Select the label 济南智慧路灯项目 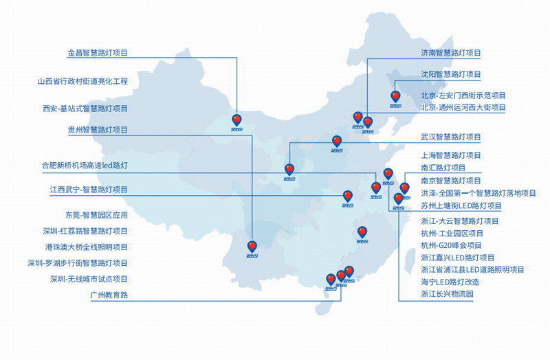click(x=450, y=53)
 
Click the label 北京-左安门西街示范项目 click(x=463, y=95)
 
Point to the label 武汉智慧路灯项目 click(x=450, y=137)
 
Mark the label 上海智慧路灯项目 click(x=450, y=155)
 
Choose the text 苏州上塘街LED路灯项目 click(x=461, y=205)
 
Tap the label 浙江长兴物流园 click(x=447, y=294)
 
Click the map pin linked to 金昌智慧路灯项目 click(x=237, y=120)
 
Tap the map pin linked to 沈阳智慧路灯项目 click(x=395, y=96)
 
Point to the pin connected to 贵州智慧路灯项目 click(x=252, y=246)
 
